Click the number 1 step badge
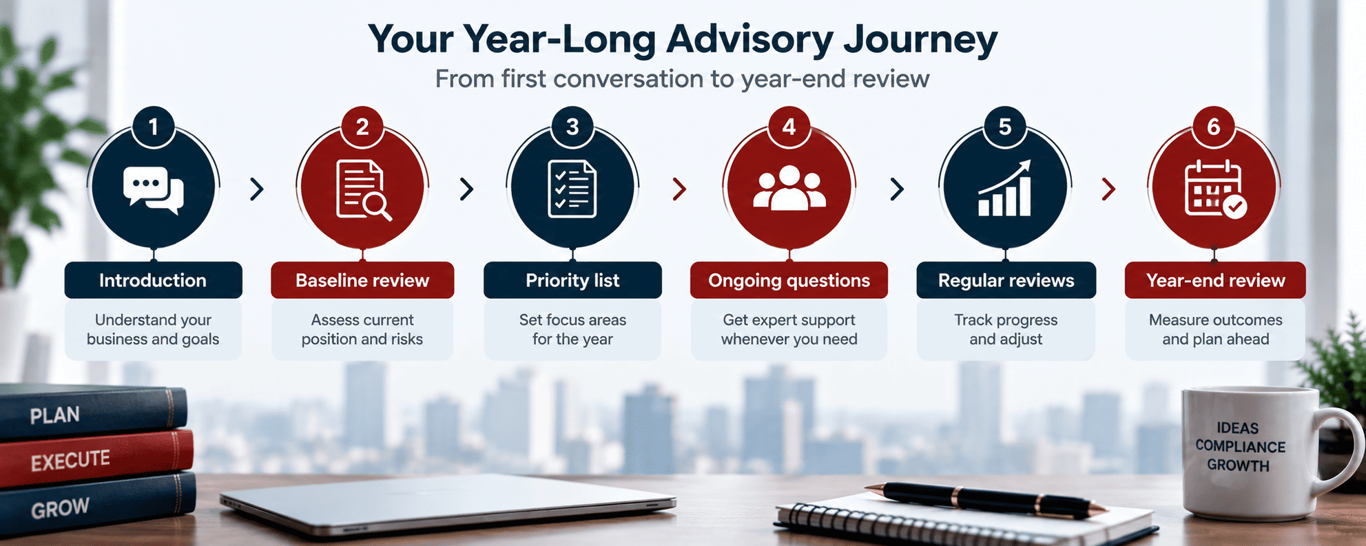click(153, 127)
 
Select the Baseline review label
click(362, 280)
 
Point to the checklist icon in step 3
click(572, 189)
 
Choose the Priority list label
click(572, 280)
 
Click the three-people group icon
click(789, 188)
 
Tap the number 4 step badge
click(789, 127)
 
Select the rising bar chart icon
click(1005, 188)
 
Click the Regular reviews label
click(1006, 280)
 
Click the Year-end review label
click(1215, 280)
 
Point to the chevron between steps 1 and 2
click(257, 189)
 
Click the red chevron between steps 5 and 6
click(1108, 189)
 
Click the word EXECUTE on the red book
click(70, 460)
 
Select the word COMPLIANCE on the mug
click(1240, 446)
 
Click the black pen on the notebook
click(985, 500)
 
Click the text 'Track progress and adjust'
click(1006, 329)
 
